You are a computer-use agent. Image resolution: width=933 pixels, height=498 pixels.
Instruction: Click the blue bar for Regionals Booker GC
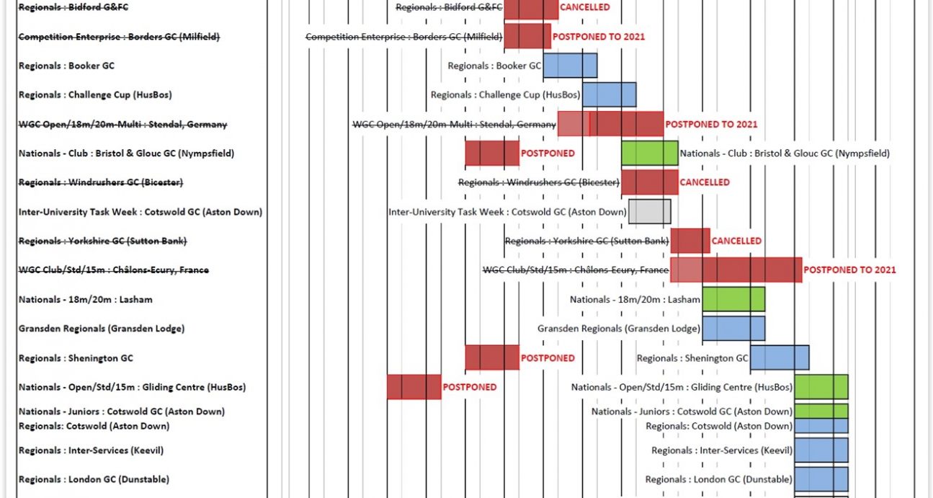(570, 66)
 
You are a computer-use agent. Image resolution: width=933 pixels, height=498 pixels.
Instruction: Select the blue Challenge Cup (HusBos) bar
(609, 94)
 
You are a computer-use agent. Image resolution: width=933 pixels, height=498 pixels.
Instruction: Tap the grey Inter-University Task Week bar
(649, 212)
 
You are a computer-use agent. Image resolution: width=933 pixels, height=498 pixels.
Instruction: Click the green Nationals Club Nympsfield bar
(649, 154)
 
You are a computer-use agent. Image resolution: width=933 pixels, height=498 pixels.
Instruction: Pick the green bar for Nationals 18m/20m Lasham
(733, 299)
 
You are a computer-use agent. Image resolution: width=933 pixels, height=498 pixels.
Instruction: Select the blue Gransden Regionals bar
(733, 329)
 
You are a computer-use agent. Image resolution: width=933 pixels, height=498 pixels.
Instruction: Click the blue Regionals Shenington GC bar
(780, 358)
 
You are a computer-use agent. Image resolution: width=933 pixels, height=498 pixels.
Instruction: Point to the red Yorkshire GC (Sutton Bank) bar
(690, 241)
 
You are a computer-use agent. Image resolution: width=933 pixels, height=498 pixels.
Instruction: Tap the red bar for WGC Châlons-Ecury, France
(736, 270)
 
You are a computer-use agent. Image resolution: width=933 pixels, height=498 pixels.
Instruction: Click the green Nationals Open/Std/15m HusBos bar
(821, 387)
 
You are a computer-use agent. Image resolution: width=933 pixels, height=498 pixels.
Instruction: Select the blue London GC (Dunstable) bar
(821, 479)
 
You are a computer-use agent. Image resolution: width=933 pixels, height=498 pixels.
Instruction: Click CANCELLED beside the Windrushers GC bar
(705, 182)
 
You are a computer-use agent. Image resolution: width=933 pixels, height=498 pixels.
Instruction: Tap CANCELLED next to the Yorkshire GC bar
(736, 241)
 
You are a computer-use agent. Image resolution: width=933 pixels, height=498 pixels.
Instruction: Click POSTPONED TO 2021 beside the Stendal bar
(711, 124)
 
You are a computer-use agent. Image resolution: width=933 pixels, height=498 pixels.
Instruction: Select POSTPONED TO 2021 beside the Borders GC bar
(599, 36)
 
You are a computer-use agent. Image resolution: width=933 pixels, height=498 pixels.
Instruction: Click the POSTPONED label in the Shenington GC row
(548, 358)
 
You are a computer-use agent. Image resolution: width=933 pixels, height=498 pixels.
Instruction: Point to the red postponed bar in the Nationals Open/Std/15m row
(414, 387)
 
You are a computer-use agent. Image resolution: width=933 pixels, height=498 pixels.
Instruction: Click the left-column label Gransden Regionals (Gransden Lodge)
(102, 329)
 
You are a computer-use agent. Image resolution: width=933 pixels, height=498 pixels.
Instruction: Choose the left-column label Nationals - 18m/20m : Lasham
(86, 299)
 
